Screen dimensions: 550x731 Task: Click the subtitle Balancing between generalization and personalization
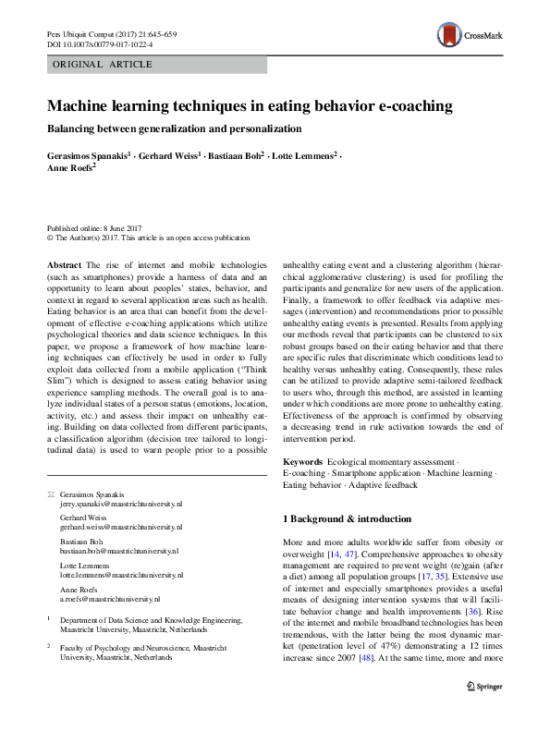(x=174, y=128)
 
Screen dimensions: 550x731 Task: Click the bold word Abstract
(x=65, y=264)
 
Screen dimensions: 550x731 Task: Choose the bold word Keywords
(x=302, y=460)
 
